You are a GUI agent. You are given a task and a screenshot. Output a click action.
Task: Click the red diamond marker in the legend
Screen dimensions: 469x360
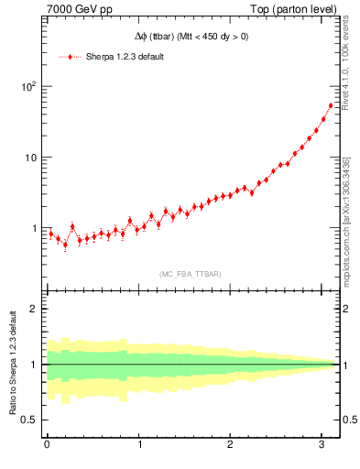click(71, 57)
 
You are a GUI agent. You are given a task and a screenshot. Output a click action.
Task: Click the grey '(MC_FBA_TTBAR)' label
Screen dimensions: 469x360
click(190, 274)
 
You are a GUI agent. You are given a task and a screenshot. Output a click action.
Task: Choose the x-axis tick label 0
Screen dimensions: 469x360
click(47, 444)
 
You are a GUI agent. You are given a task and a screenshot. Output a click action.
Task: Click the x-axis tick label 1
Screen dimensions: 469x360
click(139, 444)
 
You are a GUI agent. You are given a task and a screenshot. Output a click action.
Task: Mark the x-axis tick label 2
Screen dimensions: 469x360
click(231, 444)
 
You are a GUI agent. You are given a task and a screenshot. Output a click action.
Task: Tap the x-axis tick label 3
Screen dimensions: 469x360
click(322, 444)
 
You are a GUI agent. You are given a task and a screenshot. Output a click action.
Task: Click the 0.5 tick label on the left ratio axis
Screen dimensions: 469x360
click(30, 420)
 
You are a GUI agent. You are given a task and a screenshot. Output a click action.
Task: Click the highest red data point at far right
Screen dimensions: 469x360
click(330, 105)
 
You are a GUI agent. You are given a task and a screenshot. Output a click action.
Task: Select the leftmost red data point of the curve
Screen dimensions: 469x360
click(50, 234)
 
